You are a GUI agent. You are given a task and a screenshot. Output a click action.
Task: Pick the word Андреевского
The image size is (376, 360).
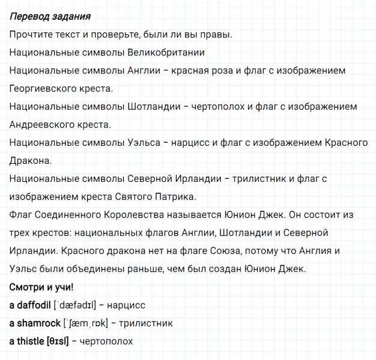tap(42, 125)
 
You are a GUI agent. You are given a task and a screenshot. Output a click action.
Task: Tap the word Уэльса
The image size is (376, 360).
tap(144, 142)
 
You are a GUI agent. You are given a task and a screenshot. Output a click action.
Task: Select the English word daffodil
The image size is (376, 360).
tap(34, 305)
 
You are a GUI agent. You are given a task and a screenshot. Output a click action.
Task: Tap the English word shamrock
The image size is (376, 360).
tap(39, 323)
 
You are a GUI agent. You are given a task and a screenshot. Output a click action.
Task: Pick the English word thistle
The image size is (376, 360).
tap(31, 341)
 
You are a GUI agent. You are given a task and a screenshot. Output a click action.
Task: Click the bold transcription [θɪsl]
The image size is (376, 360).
tap(58, 341)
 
